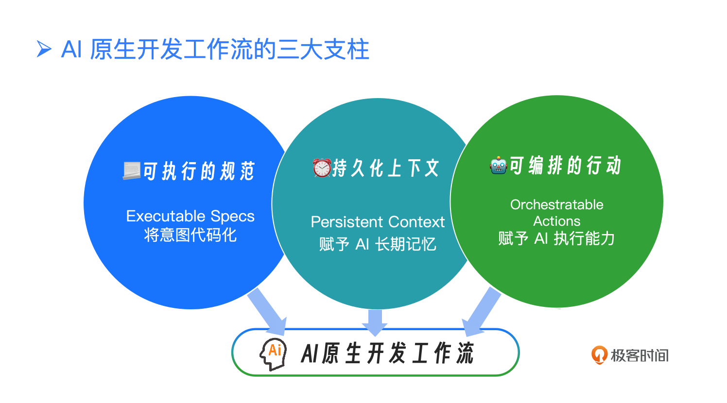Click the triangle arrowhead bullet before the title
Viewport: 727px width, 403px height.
point(44,49)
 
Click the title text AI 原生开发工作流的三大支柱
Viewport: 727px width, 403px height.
point(215,50)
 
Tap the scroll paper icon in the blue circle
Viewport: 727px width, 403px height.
point(131,171)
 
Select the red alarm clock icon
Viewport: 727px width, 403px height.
point(322,168)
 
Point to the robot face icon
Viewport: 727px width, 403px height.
point(499,166)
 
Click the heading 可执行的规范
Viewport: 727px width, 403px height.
point(199,171)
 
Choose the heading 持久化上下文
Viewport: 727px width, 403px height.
point(386,168)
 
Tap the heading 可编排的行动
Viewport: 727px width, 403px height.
point(565,166)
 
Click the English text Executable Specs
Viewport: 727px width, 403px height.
point(190,216)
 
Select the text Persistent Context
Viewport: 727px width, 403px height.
point(378,222)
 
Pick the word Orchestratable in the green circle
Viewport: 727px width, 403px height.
point(556,204)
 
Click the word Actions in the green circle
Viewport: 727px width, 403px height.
point(556,221)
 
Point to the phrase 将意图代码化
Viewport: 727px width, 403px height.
point(190,235)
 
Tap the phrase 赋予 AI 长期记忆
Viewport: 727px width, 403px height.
point(378,244)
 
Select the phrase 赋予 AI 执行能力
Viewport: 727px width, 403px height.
point(556,238)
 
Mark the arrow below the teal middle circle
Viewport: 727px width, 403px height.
point(375,322)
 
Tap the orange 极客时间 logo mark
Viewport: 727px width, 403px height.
point(599,355)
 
